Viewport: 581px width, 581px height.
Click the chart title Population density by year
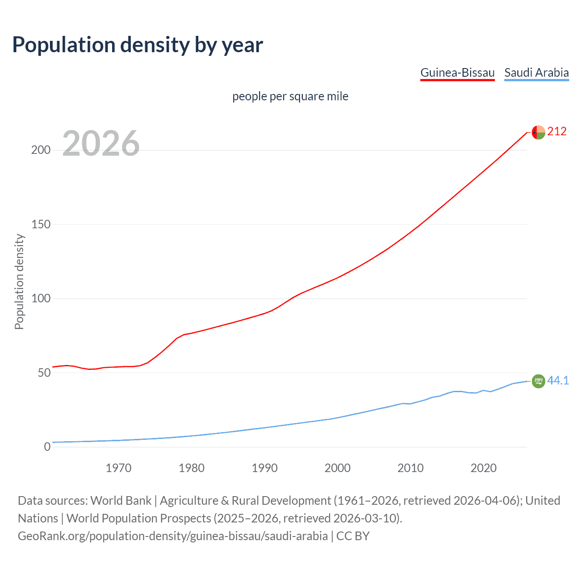[x=138, y=45]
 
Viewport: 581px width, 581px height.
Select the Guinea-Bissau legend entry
[x=457, y=73]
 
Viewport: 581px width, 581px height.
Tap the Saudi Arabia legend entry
[x=536, y=73]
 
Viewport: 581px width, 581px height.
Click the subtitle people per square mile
[x=290, y=96]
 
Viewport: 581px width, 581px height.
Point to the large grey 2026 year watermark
[x=101, y=143]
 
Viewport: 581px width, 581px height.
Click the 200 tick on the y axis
[x=41, y=150]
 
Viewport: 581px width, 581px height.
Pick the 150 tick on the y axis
[x=41, y=224]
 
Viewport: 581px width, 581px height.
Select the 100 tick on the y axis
[x=41, y=299]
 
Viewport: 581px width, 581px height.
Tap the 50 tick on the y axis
[x=44, y=373]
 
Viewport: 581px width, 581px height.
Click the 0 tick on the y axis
[x=47, y=447]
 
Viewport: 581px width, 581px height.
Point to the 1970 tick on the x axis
[x=118, y=468]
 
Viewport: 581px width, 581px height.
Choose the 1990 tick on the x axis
[x=265, y=468]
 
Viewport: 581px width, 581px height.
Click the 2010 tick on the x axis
[x=410, y=468]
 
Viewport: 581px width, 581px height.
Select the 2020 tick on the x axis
[x=483, y=468]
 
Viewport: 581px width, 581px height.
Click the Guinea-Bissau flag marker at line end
[x=538, y=133]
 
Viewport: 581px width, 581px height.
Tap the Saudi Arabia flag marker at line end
[x=538, y=381]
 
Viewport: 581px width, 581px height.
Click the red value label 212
[x=557, y=132]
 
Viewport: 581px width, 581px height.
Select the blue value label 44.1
[x=558, y=380]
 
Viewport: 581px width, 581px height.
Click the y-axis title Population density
[x=19, y=281]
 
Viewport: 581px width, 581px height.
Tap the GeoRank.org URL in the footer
[x=172, y=536]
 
